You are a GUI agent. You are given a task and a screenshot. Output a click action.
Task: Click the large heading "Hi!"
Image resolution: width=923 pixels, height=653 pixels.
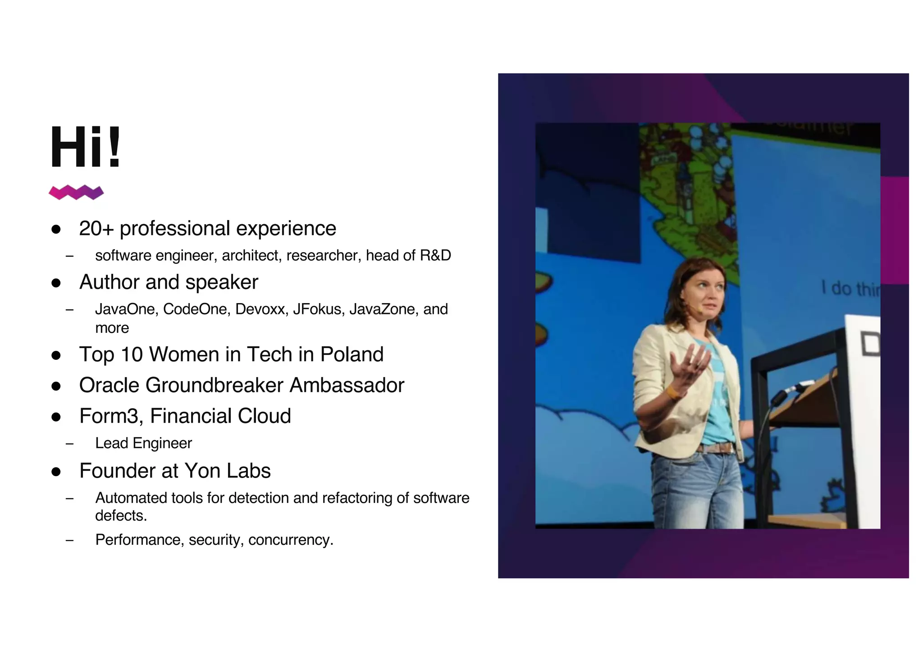click(85, 147)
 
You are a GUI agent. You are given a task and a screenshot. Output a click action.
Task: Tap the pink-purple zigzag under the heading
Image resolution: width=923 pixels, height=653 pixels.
click(76, 192)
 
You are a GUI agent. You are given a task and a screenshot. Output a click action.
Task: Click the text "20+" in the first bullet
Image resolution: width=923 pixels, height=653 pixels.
click(96, 229)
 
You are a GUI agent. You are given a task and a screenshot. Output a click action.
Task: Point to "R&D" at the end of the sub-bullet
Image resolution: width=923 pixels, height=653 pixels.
click(435, 256)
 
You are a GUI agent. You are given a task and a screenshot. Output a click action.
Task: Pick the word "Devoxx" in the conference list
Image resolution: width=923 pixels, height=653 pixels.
click(261, 309)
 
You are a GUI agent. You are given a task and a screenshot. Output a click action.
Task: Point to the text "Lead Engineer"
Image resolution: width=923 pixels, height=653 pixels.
click(143, 443)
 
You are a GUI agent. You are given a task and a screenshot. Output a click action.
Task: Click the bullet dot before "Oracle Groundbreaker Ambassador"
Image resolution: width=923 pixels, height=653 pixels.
click(56, 386)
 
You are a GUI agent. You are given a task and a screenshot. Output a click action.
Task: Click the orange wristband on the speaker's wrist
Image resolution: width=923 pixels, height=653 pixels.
click(672, 392)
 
